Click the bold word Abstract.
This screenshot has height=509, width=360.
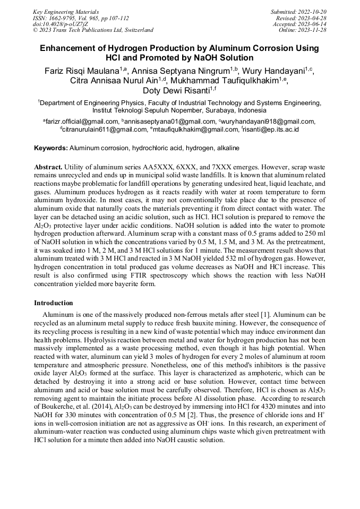coord(52,166)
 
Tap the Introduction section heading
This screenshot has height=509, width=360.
coord(54,303)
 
